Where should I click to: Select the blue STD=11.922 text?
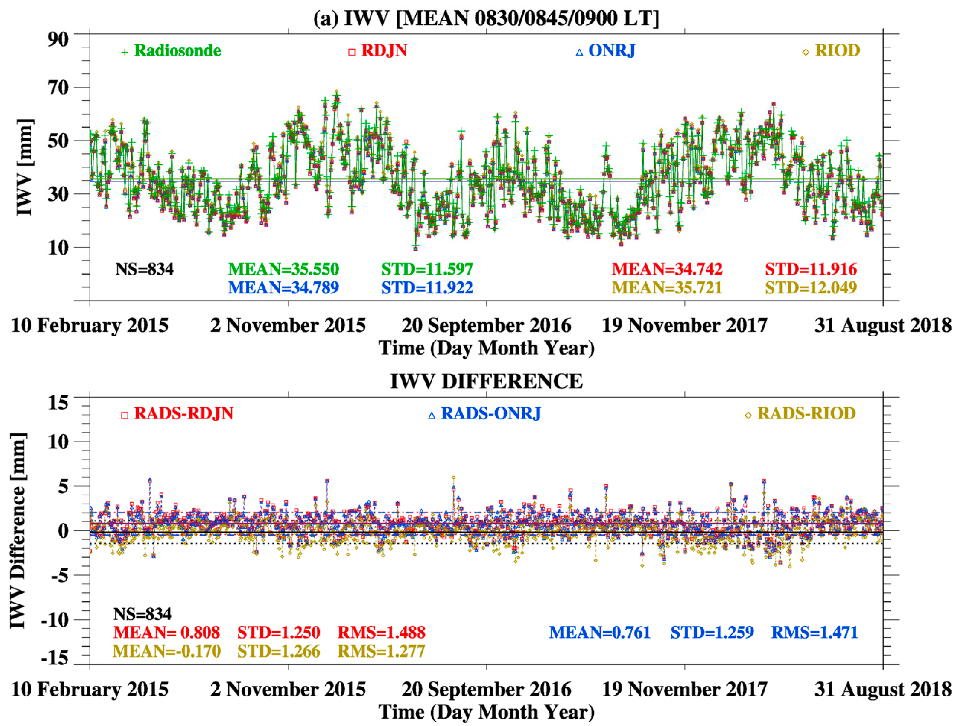tap(427, 288)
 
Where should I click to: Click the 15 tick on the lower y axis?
tap(58, 403)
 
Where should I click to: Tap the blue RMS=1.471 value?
tap(814, 632)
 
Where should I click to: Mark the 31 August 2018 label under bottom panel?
tap(883, 689)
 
